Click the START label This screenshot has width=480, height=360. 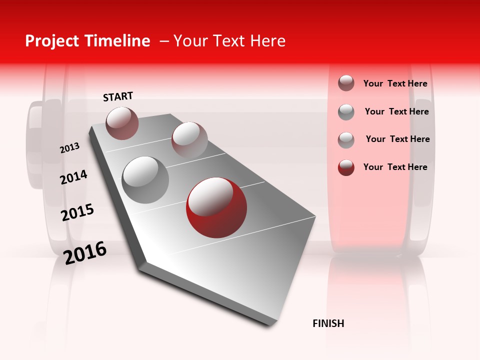click(118, 96)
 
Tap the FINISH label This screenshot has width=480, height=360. click(328, 323)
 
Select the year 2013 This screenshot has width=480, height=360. click(69, 148)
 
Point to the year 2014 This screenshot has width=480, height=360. click(73, 177)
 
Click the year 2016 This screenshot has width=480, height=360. click(85, 252)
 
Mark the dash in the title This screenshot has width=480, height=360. click(164, 41)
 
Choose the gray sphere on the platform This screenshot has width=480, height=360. click(145, 180)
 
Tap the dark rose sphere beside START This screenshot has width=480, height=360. click(122, 123)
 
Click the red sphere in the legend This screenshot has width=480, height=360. click(346, 167)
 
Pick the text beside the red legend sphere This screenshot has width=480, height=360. click(395, 167)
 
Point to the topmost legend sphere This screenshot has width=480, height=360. click(346, 83)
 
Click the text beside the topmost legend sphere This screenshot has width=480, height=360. click(395, 83)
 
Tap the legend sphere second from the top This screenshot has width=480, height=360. click(346, 112)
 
